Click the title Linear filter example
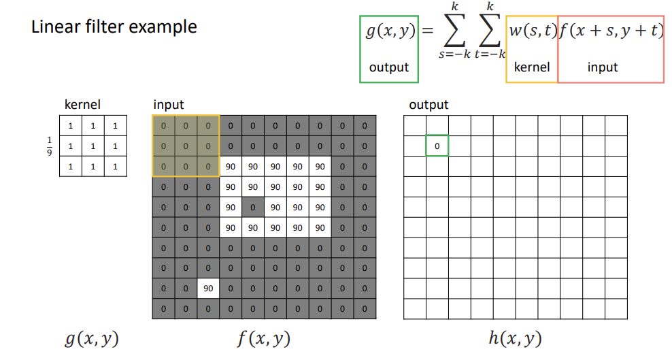114,27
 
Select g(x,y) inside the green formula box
389,31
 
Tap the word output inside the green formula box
389,67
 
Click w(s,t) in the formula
532,31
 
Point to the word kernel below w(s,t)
531,67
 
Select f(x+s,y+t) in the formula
610,31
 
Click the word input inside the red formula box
603,67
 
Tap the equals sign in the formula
426,31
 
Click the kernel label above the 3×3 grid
82,105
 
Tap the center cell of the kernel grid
93,146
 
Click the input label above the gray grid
168,105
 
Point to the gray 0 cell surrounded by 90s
253,207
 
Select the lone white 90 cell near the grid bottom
208,289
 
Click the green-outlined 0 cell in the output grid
437,146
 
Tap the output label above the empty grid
429,105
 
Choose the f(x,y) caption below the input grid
265,338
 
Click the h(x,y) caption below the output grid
515,338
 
